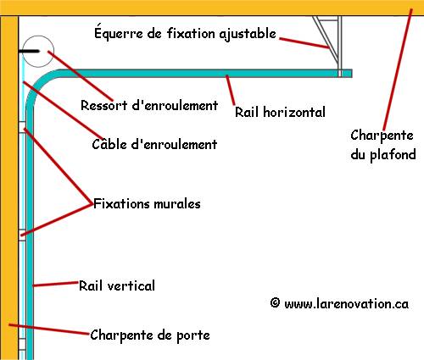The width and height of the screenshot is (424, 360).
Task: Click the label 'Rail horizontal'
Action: point(280,112)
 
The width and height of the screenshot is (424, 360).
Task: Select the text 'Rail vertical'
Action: point(117,285)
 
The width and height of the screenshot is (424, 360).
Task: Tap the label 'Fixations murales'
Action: point(147,203)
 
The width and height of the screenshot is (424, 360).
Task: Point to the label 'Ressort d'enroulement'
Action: point(149,105)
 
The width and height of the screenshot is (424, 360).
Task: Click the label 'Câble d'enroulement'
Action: point(154,144)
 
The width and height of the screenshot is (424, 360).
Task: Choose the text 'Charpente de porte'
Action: point(150,335)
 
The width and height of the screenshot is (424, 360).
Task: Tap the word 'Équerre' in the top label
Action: point(119,32)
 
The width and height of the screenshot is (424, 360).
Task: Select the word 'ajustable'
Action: point(248,34)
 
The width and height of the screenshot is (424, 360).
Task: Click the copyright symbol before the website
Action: point(275,303)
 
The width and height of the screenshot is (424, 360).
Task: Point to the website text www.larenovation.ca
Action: point(347,304)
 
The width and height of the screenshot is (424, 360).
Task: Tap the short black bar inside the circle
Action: point(29,52)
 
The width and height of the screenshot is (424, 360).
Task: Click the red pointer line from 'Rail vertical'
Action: point(55,284)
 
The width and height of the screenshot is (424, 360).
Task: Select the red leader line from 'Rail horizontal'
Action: point(231,91)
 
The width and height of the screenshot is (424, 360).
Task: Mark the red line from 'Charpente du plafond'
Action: point(398,69)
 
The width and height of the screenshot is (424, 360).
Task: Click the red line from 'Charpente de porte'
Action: point(49,330)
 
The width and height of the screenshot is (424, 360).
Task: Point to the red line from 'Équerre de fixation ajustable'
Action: point(304,43)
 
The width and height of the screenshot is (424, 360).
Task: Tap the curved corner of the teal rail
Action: point(36,82)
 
